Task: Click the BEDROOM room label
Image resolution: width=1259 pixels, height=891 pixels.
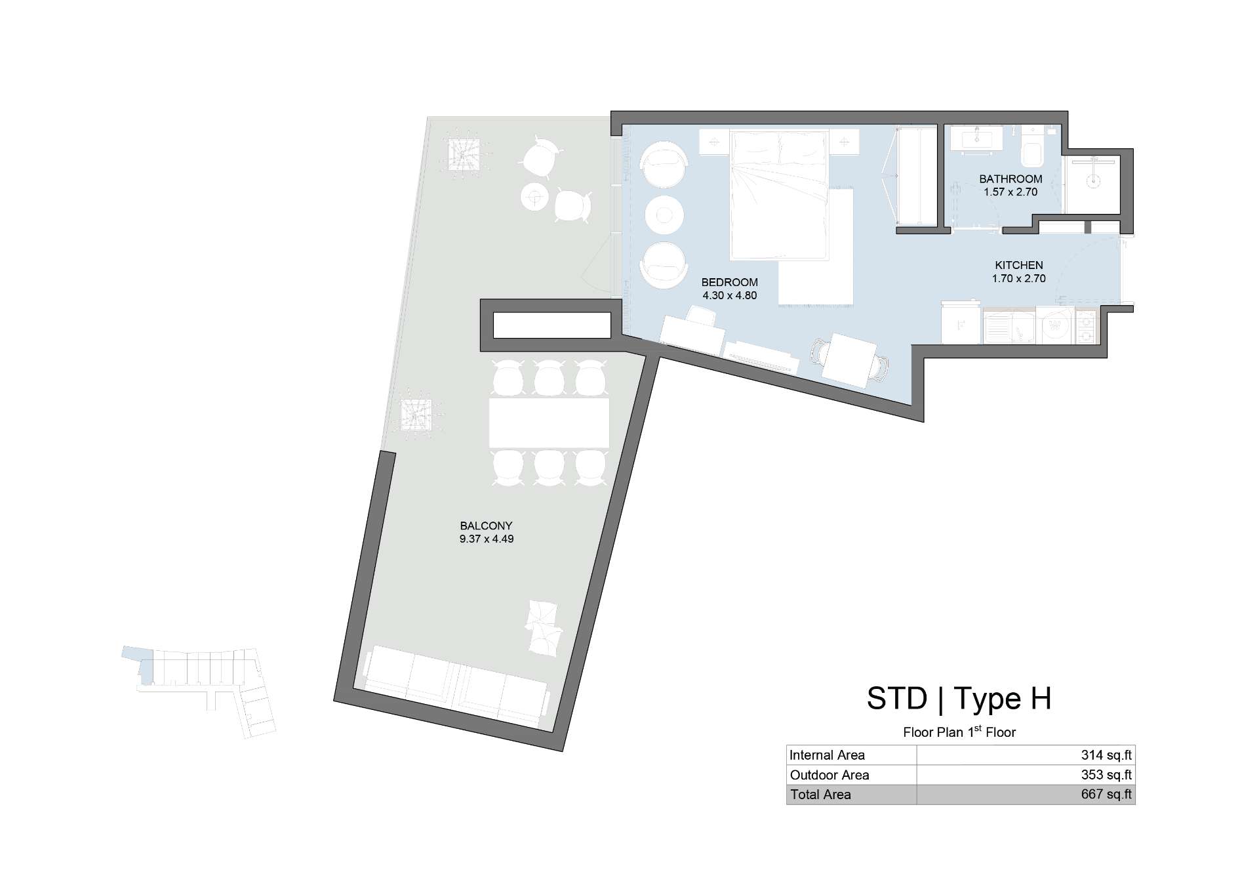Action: (729, 282)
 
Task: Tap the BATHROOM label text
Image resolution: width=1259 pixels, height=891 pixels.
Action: (1010, 178)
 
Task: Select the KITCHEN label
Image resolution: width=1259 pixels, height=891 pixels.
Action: (1018, 265)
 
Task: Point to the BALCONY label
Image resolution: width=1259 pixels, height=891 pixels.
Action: (486, 526)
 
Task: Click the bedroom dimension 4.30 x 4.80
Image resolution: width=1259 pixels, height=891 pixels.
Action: (729, 295)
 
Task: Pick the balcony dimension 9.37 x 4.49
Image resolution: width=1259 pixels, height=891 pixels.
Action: (486, 539)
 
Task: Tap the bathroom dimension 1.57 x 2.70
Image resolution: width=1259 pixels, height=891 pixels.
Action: (1010, 192)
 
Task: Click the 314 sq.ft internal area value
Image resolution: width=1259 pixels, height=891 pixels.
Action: (1106, 755)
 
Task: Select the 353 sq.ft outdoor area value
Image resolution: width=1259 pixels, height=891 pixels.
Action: (1106, 775)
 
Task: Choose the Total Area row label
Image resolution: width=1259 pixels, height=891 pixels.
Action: (820, 795)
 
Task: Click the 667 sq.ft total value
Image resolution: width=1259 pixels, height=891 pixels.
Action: (1106, 795)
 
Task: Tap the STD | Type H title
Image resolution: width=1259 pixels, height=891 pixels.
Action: (959, 698)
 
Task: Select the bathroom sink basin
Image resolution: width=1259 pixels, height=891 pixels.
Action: (977, 138)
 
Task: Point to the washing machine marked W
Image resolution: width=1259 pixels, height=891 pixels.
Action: (1055, 325)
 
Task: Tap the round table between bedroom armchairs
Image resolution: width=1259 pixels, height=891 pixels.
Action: (664, 215)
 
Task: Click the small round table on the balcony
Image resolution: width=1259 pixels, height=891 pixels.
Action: (535, 196)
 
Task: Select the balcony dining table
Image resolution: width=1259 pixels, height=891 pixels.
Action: (549, 423)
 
